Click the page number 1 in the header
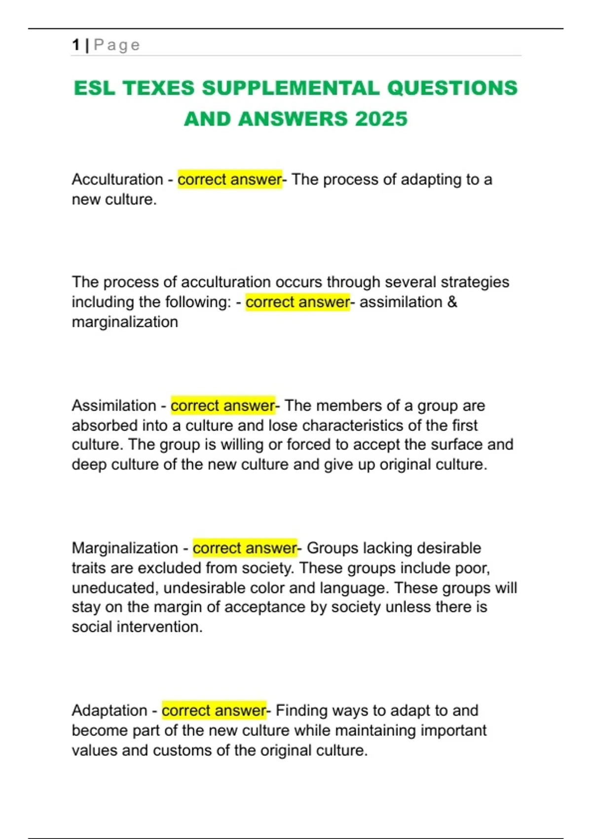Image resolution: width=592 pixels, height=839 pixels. point(75,45)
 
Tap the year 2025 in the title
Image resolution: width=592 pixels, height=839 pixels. point(381,119)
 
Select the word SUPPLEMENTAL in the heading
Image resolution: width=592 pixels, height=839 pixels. point(291,88)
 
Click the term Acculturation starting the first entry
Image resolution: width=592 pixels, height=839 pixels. point(117,179)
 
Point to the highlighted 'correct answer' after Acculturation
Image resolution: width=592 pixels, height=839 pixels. point(229,179)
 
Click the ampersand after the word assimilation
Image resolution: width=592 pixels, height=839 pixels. point(452,302)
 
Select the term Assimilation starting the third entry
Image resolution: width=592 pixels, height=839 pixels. point(114,405)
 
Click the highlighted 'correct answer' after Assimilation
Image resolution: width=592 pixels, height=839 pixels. point(222,405)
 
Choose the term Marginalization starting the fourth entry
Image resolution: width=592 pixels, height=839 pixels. point(125,548)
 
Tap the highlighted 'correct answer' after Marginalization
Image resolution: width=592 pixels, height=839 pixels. point(245,548)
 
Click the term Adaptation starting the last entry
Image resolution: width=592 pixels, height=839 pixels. point(110,710)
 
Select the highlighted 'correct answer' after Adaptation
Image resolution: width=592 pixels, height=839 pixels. point(214,710)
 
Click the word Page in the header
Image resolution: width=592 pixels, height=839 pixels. point(117,45)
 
